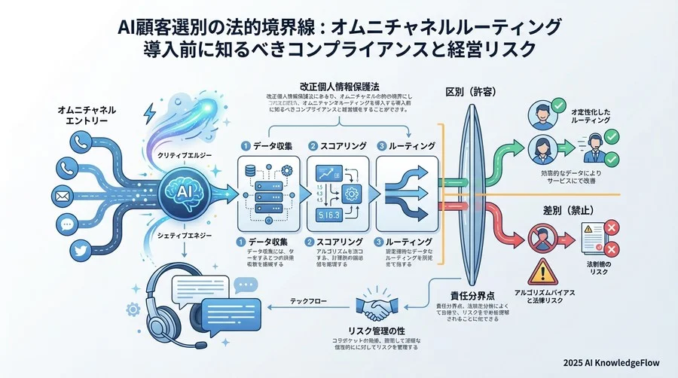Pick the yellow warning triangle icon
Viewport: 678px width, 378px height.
[x=541, y=269]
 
